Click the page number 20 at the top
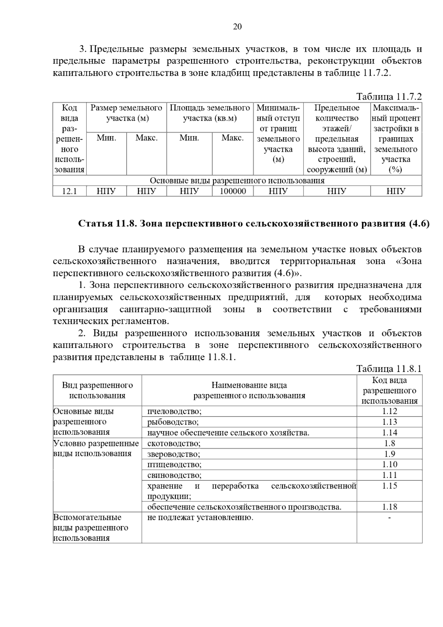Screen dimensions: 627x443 237,27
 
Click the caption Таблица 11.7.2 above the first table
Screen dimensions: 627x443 389,97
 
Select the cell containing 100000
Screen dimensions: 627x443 233,191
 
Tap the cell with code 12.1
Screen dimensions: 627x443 69,191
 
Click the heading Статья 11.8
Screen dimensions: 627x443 254,224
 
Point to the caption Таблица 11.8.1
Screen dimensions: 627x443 389,369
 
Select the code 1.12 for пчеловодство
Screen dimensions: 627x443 389,411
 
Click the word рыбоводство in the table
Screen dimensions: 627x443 173,422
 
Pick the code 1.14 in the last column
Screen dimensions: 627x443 389,432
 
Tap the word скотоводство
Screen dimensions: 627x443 174,443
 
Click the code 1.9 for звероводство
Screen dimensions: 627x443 389,454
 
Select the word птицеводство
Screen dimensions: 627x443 174,465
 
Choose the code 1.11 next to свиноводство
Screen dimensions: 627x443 389,475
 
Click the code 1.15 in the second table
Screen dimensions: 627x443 389,486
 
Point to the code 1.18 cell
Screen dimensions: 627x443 389,507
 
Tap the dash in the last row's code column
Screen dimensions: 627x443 389,518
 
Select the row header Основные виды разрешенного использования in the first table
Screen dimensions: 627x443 237,181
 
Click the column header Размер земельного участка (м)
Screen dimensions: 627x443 126,113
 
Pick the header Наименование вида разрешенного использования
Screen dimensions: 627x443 249,390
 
